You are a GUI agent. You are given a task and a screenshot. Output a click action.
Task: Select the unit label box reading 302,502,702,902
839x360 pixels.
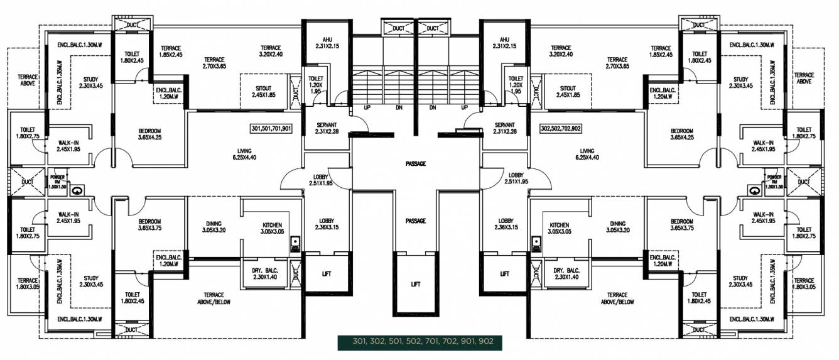pos(568,129)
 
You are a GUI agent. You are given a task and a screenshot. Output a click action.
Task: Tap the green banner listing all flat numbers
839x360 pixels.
pos(419,342)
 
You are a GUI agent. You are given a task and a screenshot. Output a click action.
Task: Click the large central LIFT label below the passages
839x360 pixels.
pos(415,284)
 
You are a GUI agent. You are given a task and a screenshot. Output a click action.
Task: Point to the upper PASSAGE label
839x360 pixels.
pos(416,164)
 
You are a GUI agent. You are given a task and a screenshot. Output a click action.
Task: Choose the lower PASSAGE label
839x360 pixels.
pos(416,221)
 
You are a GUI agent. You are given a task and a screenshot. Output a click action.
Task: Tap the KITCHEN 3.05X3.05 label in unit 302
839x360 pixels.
pos(559,228)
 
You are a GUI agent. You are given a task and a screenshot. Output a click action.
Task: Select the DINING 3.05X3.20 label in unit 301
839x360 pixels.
pos(214,227)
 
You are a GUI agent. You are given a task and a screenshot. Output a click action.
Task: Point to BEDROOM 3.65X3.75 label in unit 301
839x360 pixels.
pos(149,225)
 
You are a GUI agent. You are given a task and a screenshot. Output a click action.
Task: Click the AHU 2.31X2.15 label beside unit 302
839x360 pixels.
pos(504,43)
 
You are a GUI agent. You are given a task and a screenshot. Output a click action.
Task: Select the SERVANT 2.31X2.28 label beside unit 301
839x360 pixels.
pos(327,128)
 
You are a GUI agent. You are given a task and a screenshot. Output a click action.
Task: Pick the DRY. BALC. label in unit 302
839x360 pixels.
pos(566,274)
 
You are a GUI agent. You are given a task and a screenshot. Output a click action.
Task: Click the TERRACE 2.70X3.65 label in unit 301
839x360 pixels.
pos(214,63)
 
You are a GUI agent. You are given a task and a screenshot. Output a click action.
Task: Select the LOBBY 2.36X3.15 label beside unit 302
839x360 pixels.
pos(506,225)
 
